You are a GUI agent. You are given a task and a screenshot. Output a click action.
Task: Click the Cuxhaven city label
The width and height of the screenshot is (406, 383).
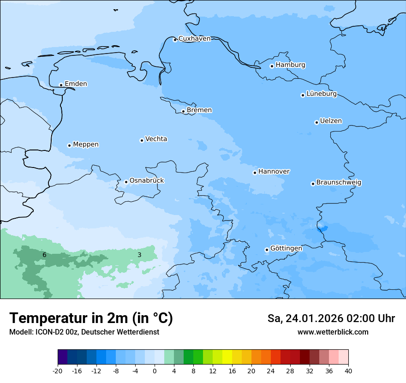(194, 39)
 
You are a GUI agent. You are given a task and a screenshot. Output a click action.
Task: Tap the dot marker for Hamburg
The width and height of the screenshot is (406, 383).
(272, 66)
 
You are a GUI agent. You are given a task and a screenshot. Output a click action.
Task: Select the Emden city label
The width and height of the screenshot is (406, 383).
(76, 84)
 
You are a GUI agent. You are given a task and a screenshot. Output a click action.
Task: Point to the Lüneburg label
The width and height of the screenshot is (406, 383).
(321, 94)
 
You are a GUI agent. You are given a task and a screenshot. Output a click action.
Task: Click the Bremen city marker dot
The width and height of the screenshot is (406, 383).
(183, 111)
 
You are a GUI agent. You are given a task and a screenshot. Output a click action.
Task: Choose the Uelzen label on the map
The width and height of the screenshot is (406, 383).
(331, 121)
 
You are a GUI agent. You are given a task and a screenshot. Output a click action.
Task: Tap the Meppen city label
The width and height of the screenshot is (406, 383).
(86, 144)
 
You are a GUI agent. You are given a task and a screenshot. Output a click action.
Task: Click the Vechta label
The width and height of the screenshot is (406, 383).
(156, 139)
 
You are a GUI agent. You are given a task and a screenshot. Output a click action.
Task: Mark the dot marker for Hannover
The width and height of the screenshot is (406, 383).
(255, 173)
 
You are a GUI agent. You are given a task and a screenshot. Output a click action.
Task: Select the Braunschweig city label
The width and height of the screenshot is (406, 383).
(339, 183)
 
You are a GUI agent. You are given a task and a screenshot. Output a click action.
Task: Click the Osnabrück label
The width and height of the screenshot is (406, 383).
(147, 181)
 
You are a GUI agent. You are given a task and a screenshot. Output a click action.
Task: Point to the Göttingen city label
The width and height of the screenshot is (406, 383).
(286, 249)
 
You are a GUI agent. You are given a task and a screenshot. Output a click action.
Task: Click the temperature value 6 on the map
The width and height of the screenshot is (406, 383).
(44, 255)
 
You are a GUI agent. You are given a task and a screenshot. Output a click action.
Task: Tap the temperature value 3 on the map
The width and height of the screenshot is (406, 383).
(139, 255)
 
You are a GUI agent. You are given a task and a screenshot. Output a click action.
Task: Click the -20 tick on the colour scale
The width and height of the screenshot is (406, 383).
(58, 371)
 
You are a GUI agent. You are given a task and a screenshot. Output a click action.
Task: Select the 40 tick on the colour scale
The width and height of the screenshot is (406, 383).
(348, 371)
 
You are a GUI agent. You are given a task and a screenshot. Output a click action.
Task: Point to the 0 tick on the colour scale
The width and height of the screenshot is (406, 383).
(155, 371)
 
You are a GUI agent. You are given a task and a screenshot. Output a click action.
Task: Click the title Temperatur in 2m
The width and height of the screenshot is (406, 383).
(91, 318)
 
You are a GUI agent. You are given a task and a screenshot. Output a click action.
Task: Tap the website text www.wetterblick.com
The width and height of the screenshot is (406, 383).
(333, 332)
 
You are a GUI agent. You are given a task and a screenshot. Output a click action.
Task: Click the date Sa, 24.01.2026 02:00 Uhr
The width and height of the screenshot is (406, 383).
(331, 319)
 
